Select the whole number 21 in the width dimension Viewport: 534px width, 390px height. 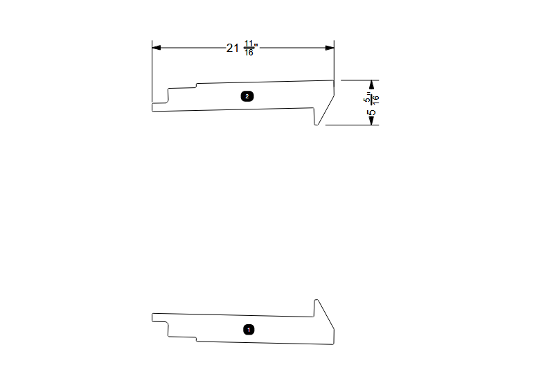click(x=233, y=48)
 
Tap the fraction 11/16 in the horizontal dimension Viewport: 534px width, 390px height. click(x=249, y=48)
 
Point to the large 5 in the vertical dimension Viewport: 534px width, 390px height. click(x=372, y=112)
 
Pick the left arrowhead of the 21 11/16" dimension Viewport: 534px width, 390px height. click(x=157, y=48)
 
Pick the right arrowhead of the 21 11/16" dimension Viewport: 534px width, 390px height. click(x=330, y=48)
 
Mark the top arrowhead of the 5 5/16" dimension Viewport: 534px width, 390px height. click(x=371, y=85)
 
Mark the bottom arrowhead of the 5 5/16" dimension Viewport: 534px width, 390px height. click(x=371, y=121)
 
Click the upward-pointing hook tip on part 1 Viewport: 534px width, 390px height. click(x=317, y=300)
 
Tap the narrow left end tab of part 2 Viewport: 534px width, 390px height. click(x=159, y=106)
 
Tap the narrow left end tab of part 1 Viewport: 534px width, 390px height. click(x=159, y=317)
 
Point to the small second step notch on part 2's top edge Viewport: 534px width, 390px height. click(x=196, y=86)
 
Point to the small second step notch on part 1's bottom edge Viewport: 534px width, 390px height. click(x=196, y=339)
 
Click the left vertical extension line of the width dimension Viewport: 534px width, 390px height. click(x=152, y=69)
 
